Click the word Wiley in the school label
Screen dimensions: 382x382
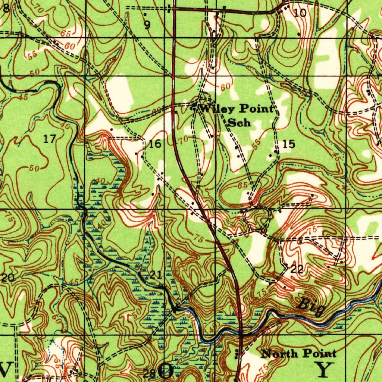[x=218, y=109]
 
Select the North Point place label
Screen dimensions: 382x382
[x=298, y=353]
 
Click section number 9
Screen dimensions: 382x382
[x=147, y=25]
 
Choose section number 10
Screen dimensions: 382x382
[x=300, y=13]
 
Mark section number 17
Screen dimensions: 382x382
[x=49, y=140]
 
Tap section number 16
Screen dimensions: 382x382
[x=155, y=144]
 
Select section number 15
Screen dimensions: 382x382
[x=289, y=144]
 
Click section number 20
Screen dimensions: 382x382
[x=8, y=278]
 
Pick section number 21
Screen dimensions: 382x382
[x=156, y=275]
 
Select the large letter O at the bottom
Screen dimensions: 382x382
[x=166, y=370]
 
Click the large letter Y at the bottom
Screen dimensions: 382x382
[x=323, y=369]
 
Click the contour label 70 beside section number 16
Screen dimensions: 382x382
[x=184, y=140]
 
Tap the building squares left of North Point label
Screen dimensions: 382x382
[x=237, y=354]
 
